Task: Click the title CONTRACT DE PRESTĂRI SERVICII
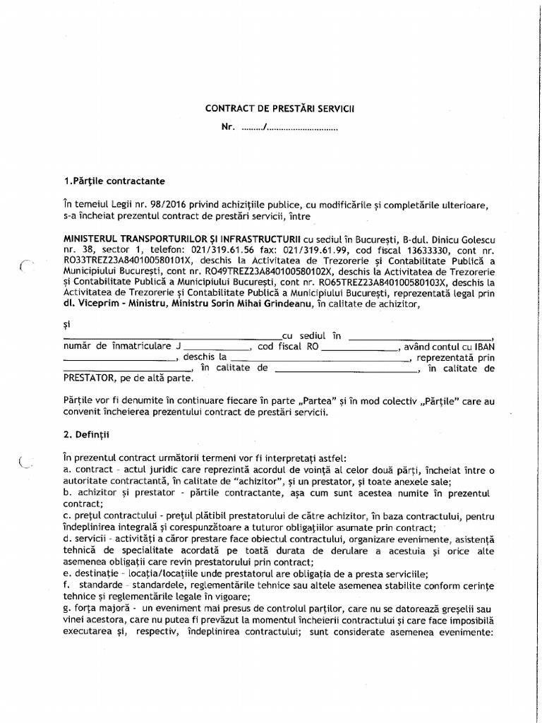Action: coord(279,109)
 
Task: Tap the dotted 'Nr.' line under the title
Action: coord(289,129)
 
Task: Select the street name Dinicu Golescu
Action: coord(459,239)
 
